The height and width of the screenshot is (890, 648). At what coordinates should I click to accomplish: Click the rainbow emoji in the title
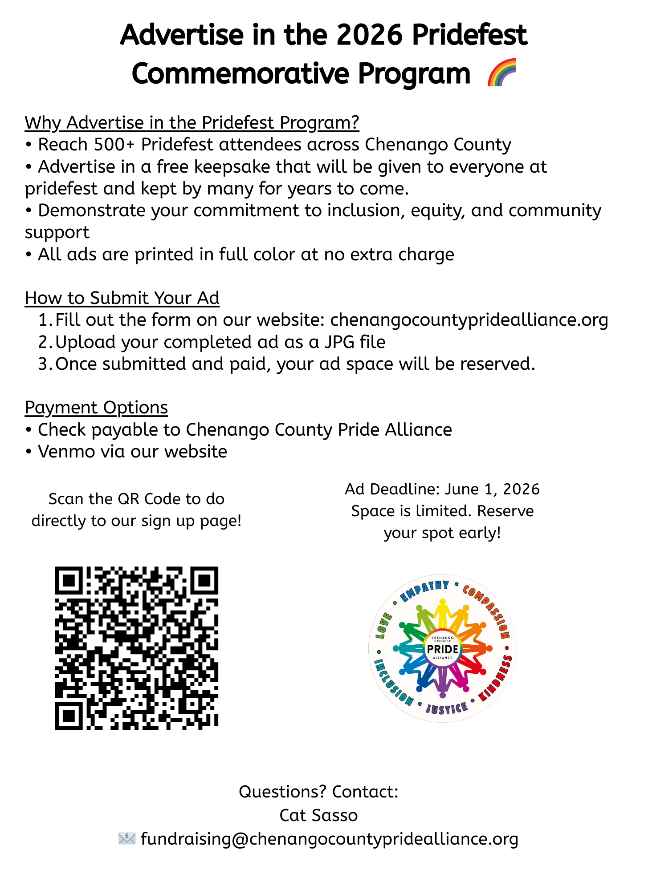click(502, 73)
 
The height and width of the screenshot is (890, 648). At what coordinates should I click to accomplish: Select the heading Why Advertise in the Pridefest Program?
click(192, 123)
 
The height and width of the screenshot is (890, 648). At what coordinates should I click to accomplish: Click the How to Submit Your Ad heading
click(122, 298)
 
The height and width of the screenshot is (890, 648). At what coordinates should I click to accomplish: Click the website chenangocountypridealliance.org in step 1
click(469, 320)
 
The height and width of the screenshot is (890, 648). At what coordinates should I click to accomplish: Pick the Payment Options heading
click(96, 408)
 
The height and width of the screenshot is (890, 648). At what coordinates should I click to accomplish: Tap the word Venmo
click(66, 452)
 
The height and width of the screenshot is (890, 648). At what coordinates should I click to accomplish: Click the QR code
click(136, 648)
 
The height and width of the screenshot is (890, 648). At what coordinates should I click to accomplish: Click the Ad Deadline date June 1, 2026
click(492, 489)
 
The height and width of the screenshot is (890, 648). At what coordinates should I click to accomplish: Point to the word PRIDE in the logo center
click(442, 649)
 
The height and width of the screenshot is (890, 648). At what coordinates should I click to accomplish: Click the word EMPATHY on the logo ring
click(424, 590)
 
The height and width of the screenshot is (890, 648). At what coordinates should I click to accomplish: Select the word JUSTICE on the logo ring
click(446, 708)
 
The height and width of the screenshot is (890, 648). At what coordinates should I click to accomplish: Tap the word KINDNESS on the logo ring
click(497, 678)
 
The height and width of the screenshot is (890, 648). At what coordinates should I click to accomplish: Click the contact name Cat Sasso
click(318, 815)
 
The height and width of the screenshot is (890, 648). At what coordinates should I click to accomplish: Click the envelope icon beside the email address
click(127, 838)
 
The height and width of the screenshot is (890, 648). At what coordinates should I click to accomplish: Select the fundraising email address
click(330, 839)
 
